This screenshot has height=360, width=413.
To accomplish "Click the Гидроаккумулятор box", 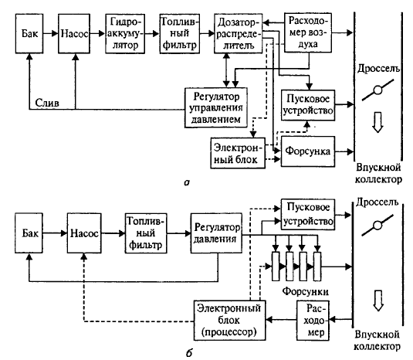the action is pyautogui.click(x=125, y=34).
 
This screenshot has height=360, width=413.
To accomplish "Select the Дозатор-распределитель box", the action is pyautogui.click(x=238, y=33).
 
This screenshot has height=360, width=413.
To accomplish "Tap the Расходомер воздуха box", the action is pyautogui.click(x=308, y=32).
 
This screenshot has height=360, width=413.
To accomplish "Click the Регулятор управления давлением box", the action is pyautogui.click(x=216, y=108).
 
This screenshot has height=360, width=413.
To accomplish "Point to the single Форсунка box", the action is pyautogui.click(x=308, y=151).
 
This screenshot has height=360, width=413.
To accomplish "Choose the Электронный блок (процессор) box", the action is pyautogui.click(x=229, y=320).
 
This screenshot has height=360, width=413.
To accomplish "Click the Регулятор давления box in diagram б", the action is pyautogui.click(x=216, y=233).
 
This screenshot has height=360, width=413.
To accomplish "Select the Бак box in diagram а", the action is pyautogui.click(x=29, y=34).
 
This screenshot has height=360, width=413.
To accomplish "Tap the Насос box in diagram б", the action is pyautogui.click(x=84, y=233).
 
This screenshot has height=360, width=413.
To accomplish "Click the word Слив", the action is pyautogui.click(x=47, y=103).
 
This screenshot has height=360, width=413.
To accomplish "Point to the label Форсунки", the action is pyautogui.click(x=305, y=291).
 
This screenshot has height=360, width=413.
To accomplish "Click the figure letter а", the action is pyautogui.click(x=187, y=182).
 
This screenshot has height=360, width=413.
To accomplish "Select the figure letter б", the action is pyautogui.click(x=189, y=352).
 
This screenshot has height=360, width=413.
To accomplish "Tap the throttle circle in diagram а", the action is pyautogui.click(x=377, y=90).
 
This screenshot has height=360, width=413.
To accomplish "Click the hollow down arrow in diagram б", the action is pyautogui.click(x=378, y=301).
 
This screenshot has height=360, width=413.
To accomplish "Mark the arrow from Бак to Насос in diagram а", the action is pyautogui.click(x=51, y=34).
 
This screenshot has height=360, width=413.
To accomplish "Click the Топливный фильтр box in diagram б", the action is pyautogui.click(x=146, y=233).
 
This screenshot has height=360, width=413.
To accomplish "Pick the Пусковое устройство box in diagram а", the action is pyautogui.click(x=308, y=105).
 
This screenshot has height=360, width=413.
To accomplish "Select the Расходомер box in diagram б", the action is pyautogui.click(x=313, y=321).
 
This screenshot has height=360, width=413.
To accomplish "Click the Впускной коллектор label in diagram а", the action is pyautogui.click(x=378, y=173).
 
